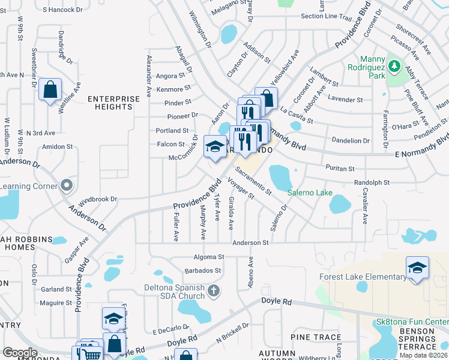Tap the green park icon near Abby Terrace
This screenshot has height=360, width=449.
tap(394, 65)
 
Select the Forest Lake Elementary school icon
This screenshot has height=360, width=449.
tap(417, 268)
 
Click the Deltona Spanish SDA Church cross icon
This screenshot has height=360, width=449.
tap(214, 292)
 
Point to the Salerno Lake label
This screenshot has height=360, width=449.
tap(309, 193)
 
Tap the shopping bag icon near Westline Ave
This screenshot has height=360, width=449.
tap(50, 91)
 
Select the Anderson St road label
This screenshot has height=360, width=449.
tap(250, 243)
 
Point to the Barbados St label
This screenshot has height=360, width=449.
tap(205, 271)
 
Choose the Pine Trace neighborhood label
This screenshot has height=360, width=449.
tap(315, 337)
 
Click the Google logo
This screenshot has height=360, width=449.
tap(20, 352)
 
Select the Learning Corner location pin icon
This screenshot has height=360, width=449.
tap(67, 186)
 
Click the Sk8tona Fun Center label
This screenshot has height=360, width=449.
tap(412, 322)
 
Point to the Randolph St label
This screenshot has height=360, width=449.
tap(372, 182)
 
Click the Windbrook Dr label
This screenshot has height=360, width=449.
tap(97, 198)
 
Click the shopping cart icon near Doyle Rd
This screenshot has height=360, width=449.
tap(91, 354)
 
